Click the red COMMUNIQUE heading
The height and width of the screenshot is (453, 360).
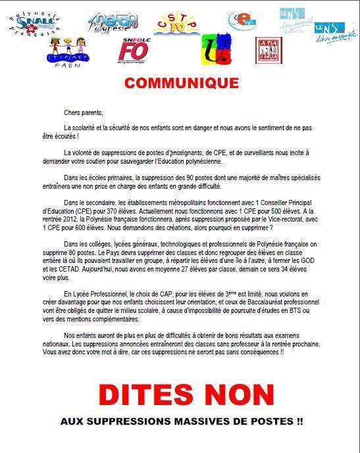tap(181, 83)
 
